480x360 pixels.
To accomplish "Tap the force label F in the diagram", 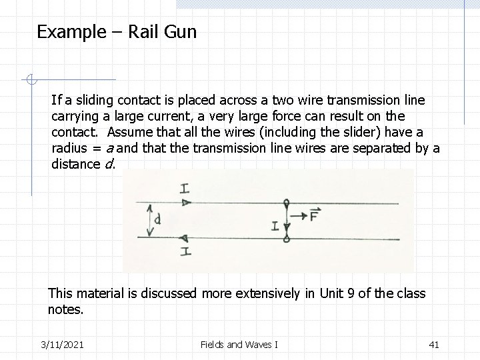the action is click(315, 215).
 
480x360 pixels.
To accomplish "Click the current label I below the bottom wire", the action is click(186, 251).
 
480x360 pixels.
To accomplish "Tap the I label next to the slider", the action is click(275, 225).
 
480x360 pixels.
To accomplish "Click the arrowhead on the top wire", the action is click(186, 201).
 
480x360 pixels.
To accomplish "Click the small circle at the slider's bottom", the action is click(287, 238).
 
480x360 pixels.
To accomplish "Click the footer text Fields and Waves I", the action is click(239, 344).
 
